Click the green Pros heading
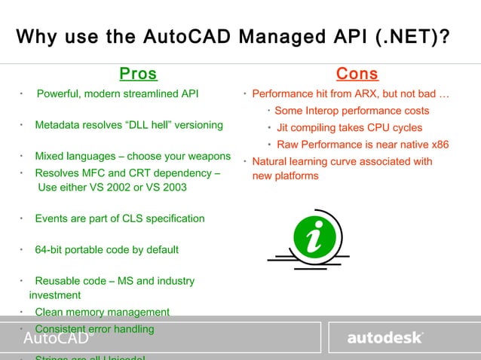138,74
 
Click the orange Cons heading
357,74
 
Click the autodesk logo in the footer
384,338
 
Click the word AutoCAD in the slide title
188,37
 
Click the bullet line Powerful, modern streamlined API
118,94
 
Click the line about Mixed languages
133,157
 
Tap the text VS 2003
161,188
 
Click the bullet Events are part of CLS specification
119,218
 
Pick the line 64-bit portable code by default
106,250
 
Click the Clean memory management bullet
102,312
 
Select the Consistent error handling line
94,329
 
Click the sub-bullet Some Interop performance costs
351,111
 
